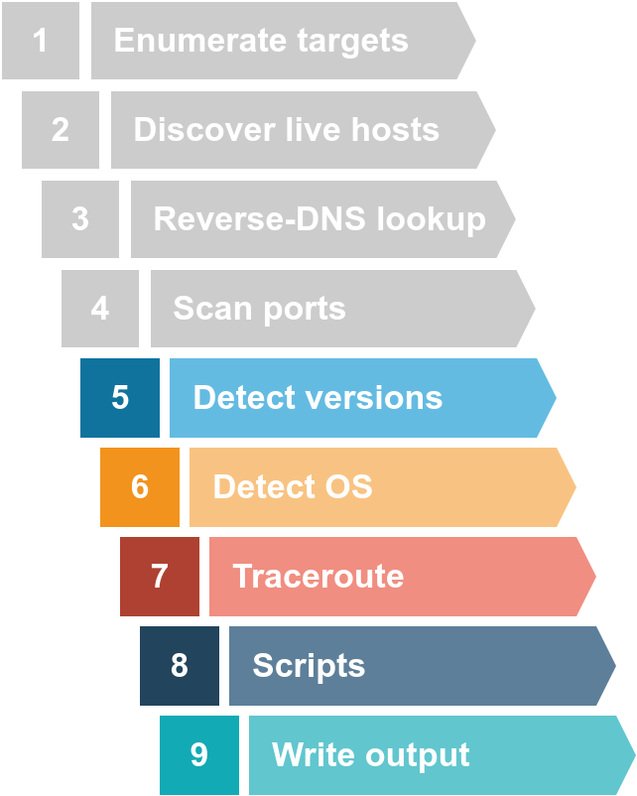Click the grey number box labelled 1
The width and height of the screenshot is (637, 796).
[41, 41]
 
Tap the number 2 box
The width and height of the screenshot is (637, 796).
[61, 130]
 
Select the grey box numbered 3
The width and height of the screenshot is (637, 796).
[80, 219]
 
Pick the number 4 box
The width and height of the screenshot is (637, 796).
[100, 309]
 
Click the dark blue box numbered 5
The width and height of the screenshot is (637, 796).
[120, 398]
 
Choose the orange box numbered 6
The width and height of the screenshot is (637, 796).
[140, 487]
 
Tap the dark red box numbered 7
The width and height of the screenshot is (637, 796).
[160, 577]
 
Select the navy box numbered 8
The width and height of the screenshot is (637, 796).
[180, 666]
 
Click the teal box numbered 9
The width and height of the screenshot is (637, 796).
[199, 755]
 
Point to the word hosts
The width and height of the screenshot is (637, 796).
[393, 130]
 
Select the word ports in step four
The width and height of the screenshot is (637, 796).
[304, 309]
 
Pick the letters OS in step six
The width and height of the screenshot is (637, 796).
[347, 487]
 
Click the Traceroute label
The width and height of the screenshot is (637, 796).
[318, 577]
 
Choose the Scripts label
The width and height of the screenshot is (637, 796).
[309, 666]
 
